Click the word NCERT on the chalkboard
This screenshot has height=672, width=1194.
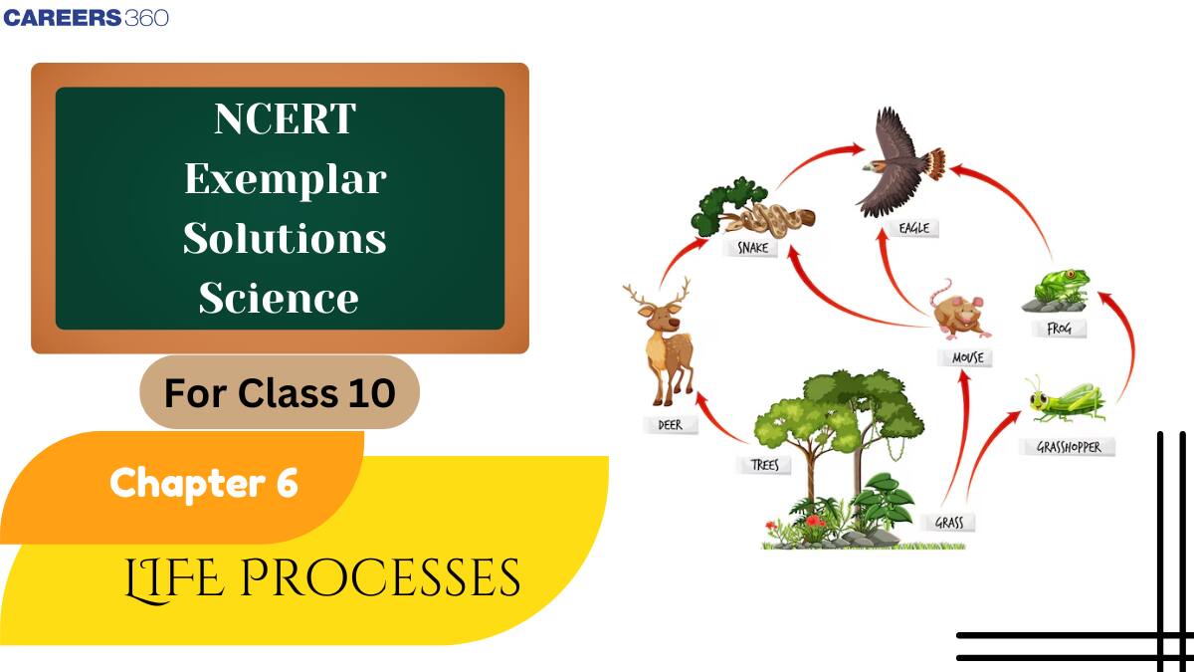(285, 119)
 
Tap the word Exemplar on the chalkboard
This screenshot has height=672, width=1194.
(285, 179)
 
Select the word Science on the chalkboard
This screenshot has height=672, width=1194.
(279, 298)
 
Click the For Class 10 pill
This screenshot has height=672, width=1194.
(280, 393)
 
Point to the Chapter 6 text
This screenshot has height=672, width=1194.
(204, 483)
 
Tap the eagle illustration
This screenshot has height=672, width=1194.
(895, 164)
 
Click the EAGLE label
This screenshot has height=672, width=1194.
(913, 228)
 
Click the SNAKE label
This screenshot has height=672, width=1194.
(752, 248)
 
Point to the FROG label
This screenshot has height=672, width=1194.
(1059, 328)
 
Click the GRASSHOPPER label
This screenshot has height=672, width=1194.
(1069, 447)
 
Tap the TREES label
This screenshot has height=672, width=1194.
(764, 464)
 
